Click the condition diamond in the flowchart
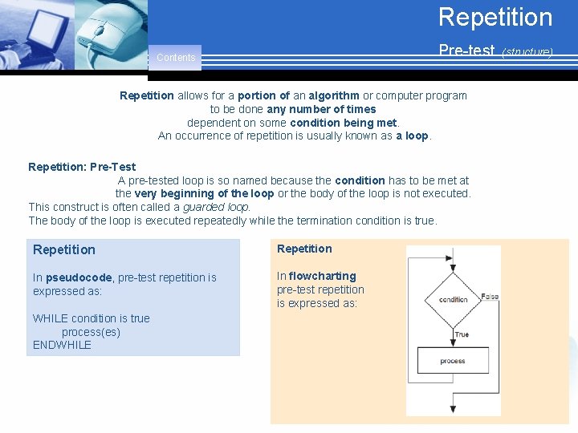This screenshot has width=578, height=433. (453, 299)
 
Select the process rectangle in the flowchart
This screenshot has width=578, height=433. (453, 361)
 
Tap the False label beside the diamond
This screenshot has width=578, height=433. (490, 297)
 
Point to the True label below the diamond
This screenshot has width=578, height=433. (462, 334)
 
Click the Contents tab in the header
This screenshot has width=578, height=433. (176, 58)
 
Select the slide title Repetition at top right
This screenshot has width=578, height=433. (495, 18)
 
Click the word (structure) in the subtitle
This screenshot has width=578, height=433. (527, 52)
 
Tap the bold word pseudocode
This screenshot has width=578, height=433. (80, 277)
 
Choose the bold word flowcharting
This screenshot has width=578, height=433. (322, 276)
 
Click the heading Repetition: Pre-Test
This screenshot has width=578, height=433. (82, 167)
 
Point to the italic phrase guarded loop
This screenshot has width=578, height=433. (216, 207)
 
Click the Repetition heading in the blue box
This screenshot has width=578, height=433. (64, 250)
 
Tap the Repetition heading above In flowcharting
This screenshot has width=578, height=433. (304, 249)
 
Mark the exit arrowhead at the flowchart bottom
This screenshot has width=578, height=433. (453, 409)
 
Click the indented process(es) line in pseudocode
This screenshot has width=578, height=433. (91, 332)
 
